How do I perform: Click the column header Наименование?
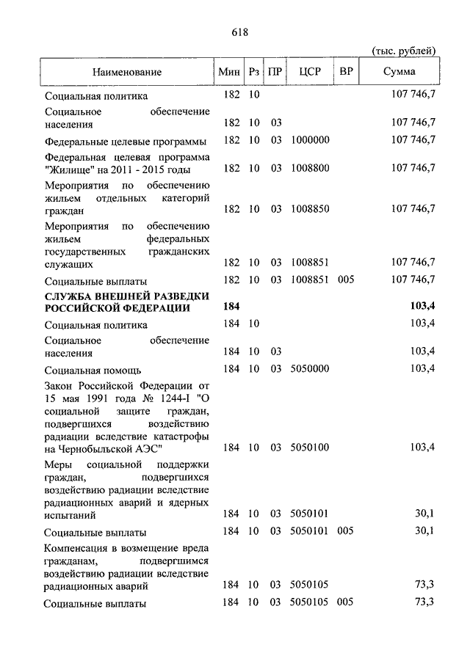point(127,72)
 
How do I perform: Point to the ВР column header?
point(345,72)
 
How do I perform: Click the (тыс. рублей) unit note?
point(403,50)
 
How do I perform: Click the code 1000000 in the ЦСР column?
point(310,140)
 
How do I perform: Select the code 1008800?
point(310,168)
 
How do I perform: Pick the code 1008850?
point(310,209)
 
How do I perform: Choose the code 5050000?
point(310,368)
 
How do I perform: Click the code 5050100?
point(310,447)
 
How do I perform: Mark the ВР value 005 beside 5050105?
point(345,602)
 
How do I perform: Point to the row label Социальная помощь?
point(93,371)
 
